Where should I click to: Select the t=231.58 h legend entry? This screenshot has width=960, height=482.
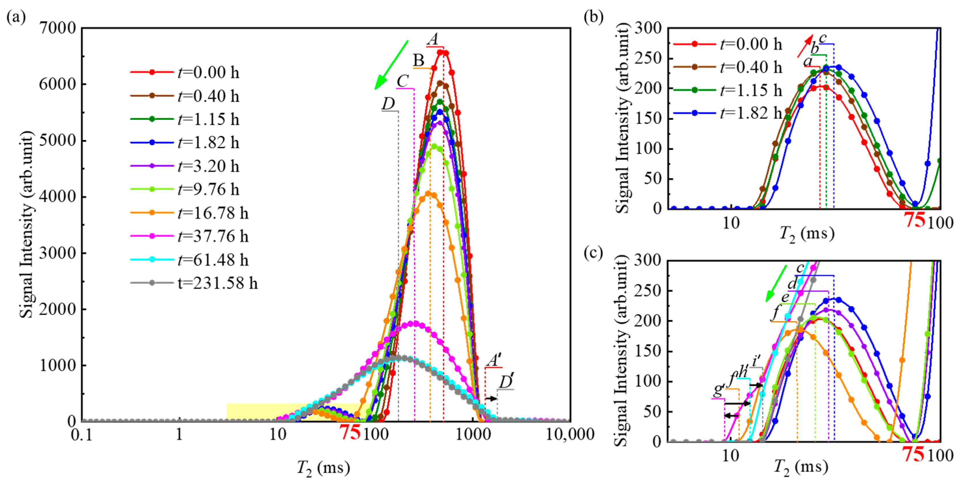coord(194,283)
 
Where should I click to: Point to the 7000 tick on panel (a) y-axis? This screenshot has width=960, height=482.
coord(58,28)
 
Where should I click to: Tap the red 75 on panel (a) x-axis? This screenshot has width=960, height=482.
coord(350,432)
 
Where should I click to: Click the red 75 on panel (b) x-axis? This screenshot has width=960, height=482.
coord(915,220)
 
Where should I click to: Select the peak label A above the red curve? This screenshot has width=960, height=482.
coord(433,39)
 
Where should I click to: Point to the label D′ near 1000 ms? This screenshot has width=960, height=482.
coord(506,382)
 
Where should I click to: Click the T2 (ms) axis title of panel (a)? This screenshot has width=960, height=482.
coord(323,468)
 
